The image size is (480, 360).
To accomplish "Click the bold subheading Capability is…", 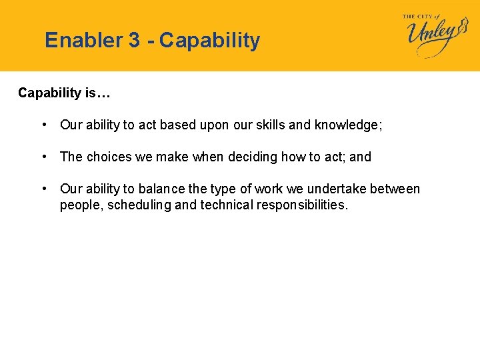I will (64, 93).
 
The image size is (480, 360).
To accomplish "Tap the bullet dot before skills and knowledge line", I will (43, 125).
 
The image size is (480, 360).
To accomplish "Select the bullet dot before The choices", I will (43, 157).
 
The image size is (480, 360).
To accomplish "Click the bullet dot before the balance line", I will (43, 189).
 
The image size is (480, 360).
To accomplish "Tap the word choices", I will (111, 157).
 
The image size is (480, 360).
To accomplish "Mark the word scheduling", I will (137, 205).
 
